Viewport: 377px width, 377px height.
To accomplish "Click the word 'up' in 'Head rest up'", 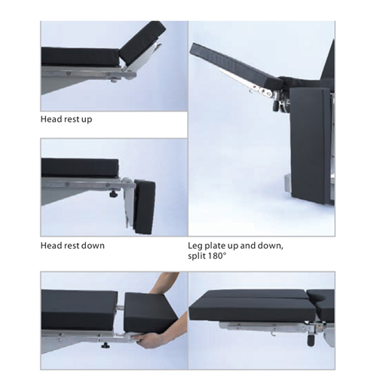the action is [x=87, y=120].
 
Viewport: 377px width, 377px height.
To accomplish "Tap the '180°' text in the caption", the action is [x=217, y=256].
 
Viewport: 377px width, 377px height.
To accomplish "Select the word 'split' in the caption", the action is [x=197, y=256].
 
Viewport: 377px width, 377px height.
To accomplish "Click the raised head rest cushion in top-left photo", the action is [x=143, y=41].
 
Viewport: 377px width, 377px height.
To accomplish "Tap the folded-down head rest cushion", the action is [x=145, y=207].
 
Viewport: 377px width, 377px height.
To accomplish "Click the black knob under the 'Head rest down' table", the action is [x=113, y=194].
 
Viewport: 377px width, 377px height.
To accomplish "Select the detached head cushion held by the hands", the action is [x=151, y=311].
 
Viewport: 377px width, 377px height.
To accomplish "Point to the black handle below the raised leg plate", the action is [x=277, y=105].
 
